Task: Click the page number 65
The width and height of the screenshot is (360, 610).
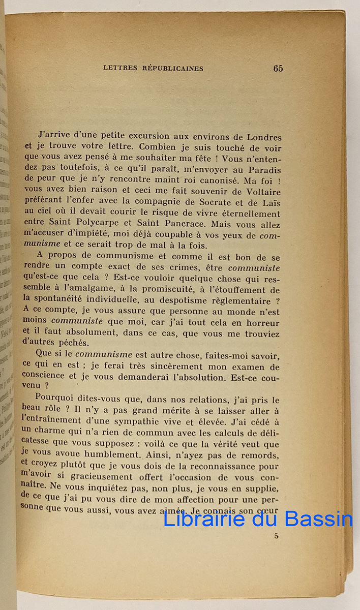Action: (x=278, y=69)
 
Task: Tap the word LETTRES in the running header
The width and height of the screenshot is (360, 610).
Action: (x=120, y=69)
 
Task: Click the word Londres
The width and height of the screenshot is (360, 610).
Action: (x=263, y=137)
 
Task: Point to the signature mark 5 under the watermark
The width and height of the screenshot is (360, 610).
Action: (x=277, y=535)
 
